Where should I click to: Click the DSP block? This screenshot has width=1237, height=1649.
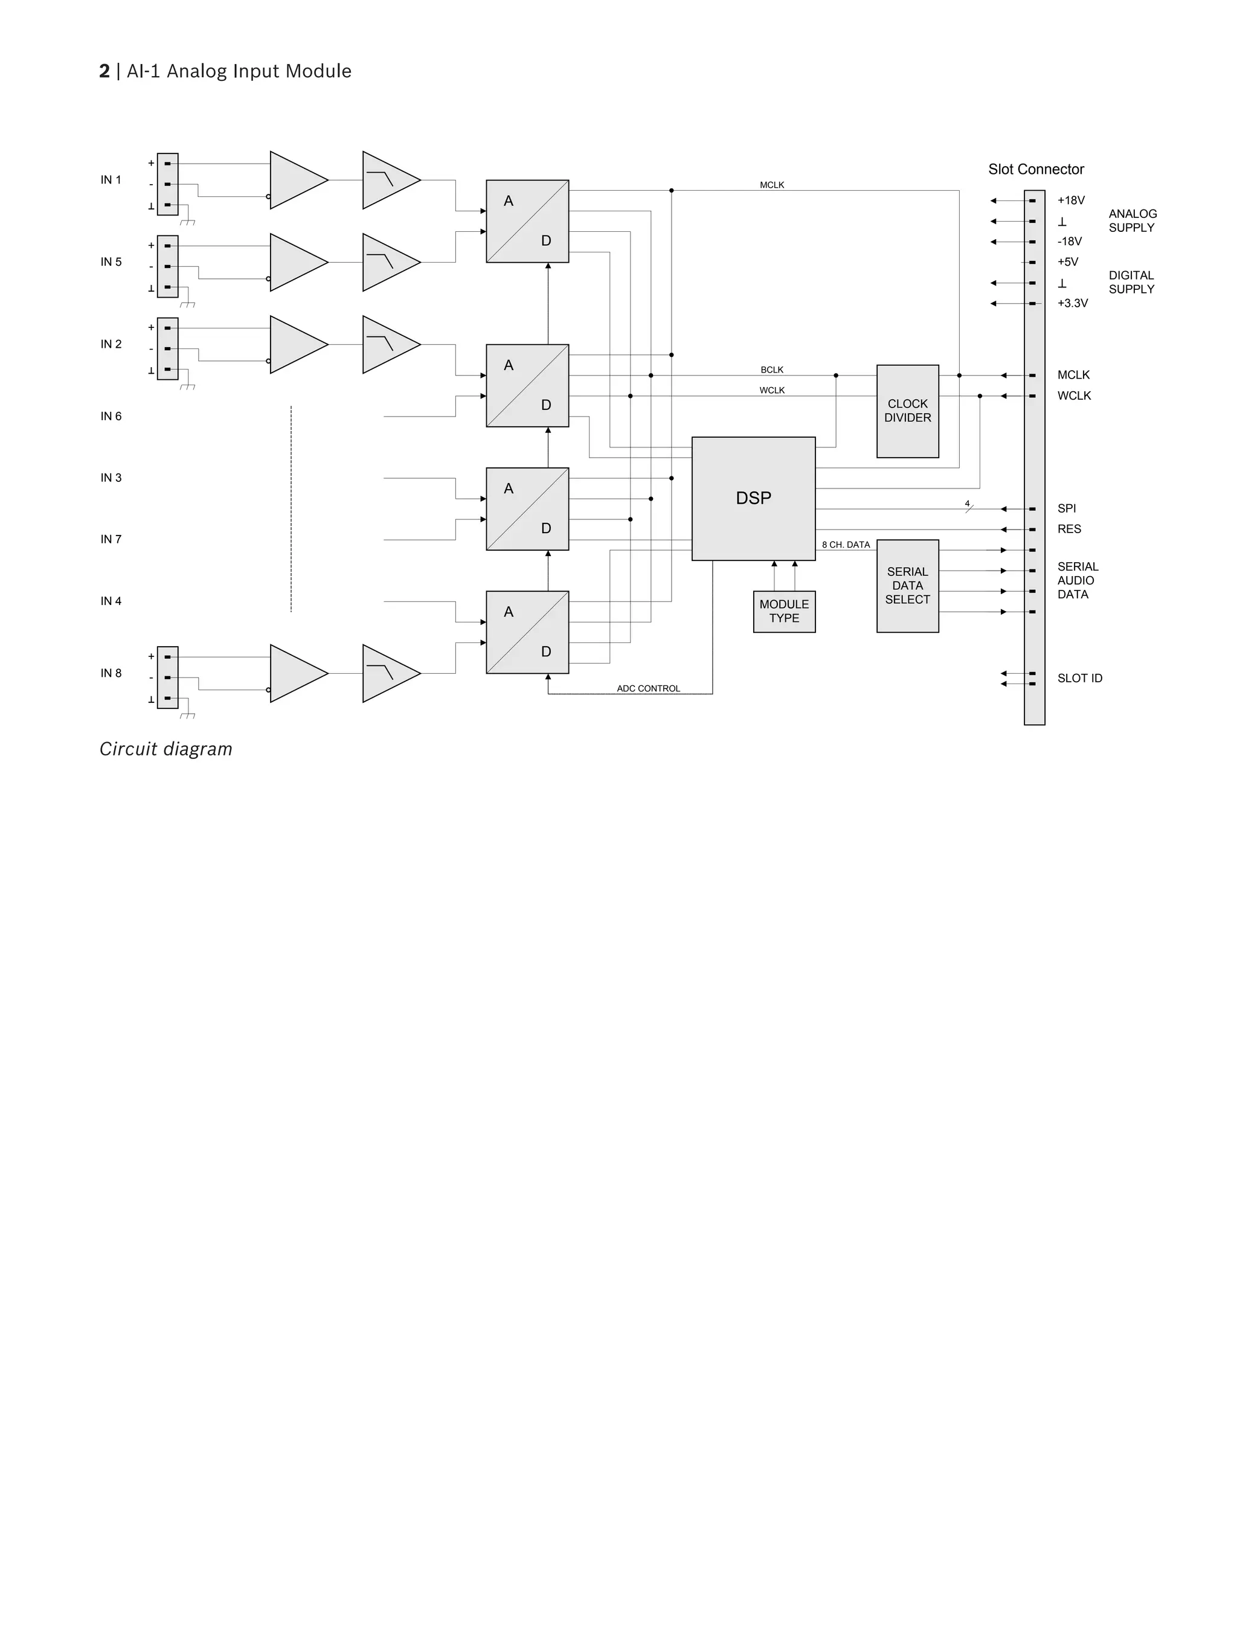click(x=753, y=498)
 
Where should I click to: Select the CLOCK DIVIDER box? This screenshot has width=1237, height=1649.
click(x=907, y=411)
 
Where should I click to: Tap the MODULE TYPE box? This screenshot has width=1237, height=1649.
click(x=783, y=611)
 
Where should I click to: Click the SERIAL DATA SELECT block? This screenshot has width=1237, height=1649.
click(x=907, y=586)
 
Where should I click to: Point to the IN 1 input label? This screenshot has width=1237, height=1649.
click(x=111, y=180)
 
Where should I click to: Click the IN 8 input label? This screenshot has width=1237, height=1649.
click(x=111, y=673)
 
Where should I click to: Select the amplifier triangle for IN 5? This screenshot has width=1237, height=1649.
click(x=297, y=263)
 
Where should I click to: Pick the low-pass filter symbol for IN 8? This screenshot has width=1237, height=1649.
click(x=389, y=673)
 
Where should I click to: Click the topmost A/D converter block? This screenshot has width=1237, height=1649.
click(x=527, y=222)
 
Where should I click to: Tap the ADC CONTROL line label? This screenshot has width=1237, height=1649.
click(x=648, y=688)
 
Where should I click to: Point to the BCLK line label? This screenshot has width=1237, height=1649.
click(x=772, y=370)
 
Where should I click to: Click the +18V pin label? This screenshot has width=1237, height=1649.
click(x=1071, y=200)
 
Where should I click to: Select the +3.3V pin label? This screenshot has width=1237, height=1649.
click(x=1072, y=303)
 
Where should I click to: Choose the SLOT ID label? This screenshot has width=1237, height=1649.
click(x=1079, y=679)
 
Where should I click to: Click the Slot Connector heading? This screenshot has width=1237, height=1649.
click(x=1036, y=169)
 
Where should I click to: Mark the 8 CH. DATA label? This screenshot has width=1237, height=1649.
click(x=846, y=545)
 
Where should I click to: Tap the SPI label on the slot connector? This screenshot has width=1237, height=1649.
click(x=1066, y=508)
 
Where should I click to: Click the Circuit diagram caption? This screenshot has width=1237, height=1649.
click(x=165, y=749)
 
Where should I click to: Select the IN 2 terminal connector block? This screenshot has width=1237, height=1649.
click(x=168, y=349)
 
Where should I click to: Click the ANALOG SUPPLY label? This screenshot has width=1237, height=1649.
click(x=1132, y=220)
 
